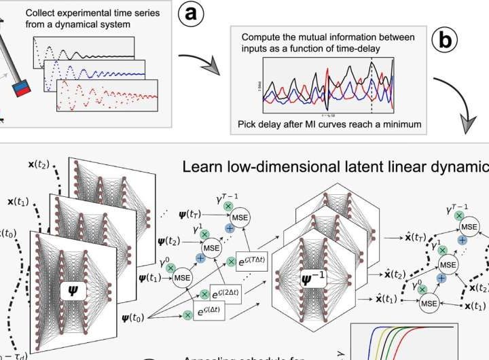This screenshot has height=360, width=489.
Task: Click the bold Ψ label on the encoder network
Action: click(x=73, y=291)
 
